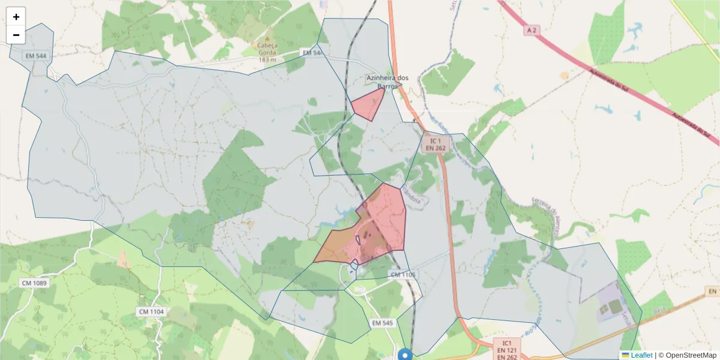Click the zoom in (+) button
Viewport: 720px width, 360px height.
(x=16, y=17)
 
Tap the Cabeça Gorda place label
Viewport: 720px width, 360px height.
(x=268, y=52)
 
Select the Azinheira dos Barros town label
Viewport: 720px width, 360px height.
(x=387, y=82)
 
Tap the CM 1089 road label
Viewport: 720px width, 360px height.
(x=35, y=283)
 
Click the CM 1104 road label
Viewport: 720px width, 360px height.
(x=151, y=311)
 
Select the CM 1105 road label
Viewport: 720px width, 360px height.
(x=403, y=275)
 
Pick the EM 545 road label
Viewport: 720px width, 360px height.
(x=382, y=323)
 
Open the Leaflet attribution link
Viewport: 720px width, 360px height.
(x=641, y=355)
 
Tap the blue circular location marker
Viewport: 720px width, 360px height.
(x=406, y=355)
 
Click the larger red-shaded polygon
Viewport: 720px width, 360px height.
(x=384, y=219)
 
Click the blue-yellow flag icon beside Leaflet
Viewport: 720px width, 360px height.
(x=625, y=355)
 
